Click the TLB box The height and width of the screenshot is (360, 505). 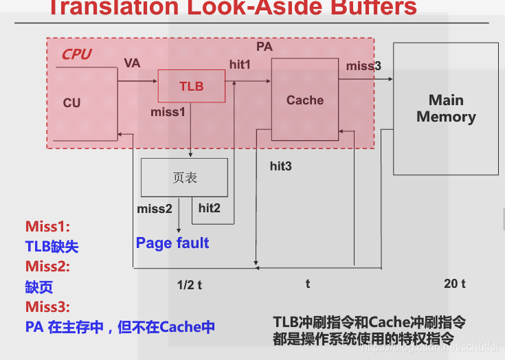(x=191, y=86)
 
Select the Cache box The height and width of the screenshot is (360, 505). (x=304, y=100)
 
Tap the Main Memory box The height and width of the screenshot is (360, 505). (x=445, y=109)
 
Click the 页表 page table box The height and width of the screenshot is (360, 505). (x=184, y=177)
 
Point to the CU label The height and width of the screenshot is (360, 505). (x=71, y=103)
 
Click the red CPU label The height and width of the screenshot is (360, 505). (x=76, y=54)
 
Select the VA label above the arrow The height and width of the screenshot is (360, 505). (x=132, y=63)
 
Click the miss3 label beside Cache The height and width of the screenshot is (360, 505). (x=363, y=66)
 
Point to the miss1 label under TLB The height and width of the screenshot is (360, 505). (x=168, y=111)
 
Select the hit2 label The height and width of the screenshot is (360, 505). (x=210, y=207)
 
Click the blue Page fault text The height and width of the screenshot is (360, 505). (x=172, y=243)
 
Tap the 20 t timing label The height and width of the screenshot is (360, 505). (x=454, y=284)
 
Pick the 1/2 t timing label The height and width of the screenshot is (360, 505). (x=189, y=284)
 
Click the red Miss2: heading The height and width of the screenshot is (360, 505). (x=47, y=267)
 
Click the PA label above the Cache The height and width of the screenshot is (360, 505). (x=265, y=47)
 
